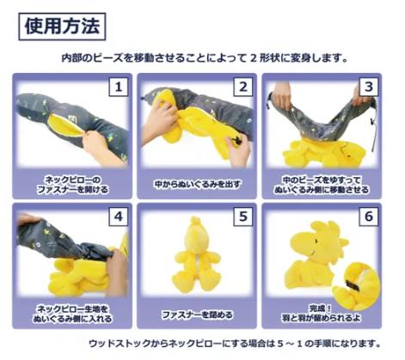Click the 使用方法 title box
click(62, 27)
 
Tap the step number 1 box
click(119, 87)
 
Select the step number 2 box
click(243, 87)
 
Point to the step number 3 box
click(368, 87)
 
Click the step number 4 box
click(119, 217)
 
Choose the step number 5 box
click(243, 217)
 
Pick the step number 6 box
click(368, 217)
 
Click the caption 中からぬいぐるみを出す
click(197, 184)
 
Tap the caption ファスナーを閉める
click(197, 314)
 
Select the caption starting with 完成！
click(321, 313)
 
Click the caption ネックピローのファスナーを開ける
click(73, 185)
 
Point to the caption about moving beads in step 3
click(322, 185)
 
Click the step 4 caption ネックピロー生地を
click(72, 314)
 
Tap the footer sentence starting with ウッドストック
click(235, 343)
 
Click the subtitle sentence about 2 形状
click(205, 58)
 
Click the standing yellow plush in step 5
click(195, 255)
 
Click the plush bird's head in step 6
click(319, 241)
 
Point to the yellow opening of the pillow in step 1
click(63, 125)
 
